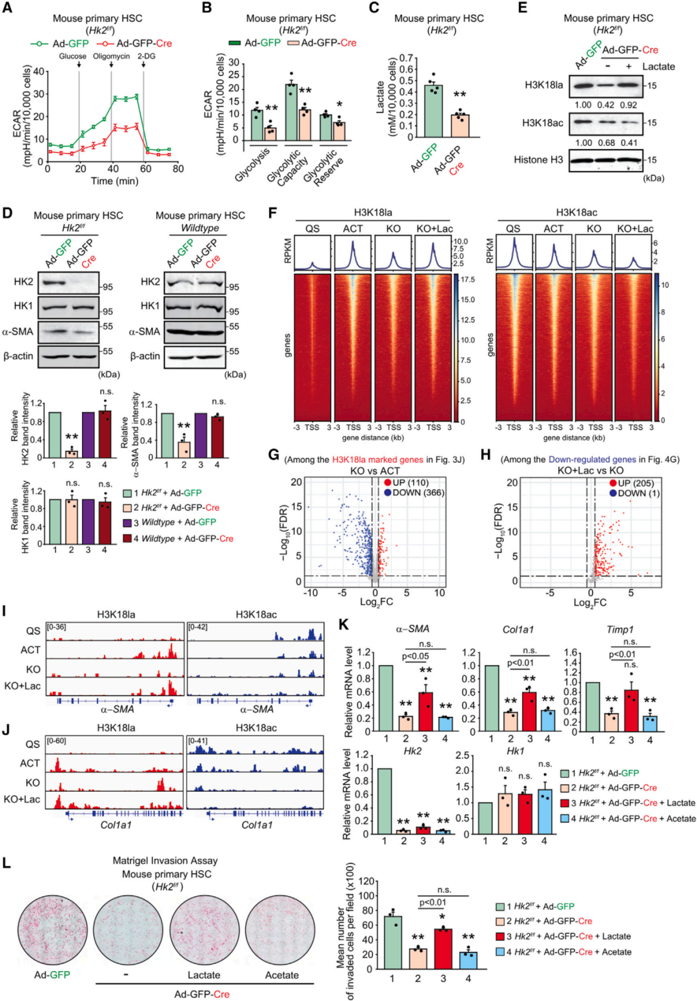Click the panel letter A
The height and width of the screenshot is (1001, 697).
tap(8, 8)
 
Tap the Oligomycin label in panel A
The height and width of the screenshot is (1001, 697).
tap(111, 56)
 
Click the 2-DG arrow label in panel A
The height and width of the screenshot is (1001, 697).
tap(146, 56)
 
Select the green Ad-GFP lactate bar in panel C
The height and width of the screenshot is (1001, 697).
tap(434, 110)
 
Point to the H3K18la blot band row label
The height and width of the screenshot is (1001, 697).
tap(543, 85)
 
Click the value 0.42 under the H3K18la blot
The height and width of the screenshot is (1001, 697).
tap(606, 105)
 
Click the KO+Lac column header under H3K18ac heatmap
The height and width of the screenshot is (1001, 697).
tap(634, 229)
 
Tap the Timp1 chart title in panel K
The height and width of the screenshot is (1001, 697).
tap(620, 629)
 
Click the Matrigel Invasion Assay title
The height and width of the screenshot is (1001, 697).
tap(165, 860)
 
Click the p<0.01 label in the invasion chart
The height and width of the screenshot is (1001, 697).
tap(432, 902)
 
